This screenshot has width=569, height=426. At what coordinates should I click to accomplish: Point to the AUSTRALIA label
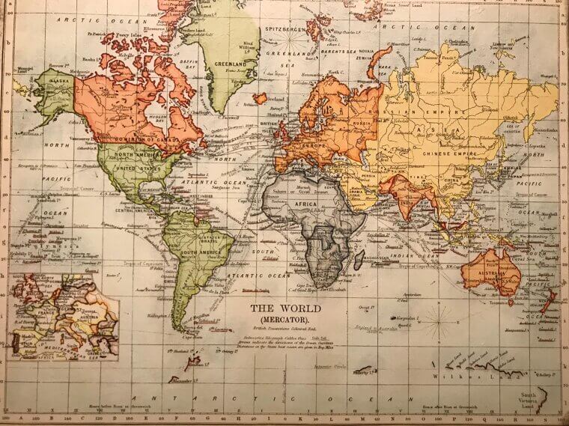click(x=491, y=273)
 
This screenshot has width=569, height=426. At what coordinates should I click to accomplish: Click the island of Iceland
click(x=261, y=98)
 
